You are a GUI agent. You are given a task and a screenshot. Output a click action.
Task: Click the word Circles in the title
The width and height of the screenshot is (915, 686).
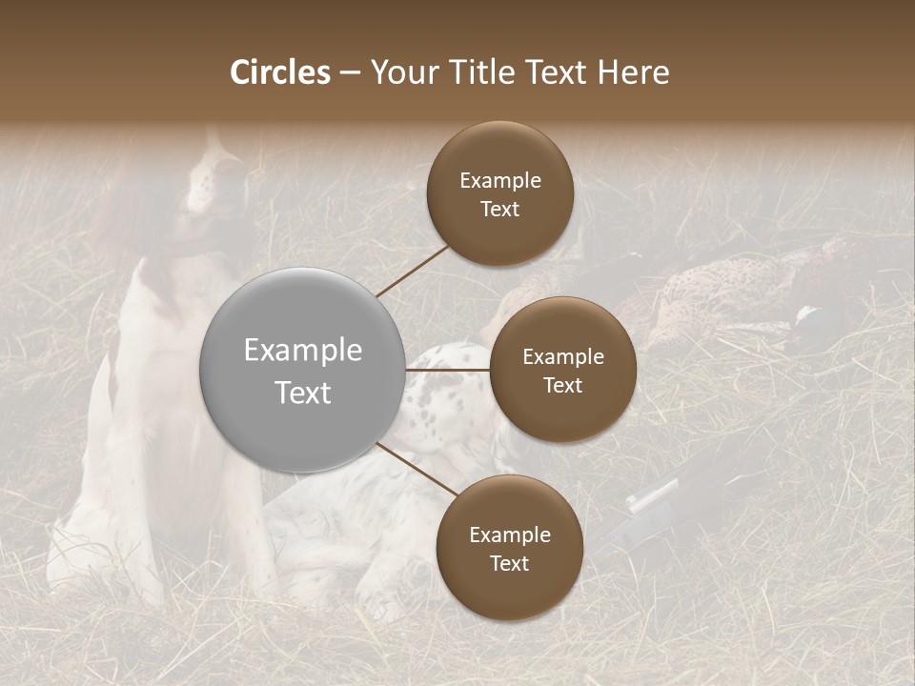click(280, 72)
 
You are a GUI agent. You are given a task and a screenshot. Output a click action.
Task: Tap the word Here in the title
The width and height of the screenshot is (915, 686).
click(633, 72)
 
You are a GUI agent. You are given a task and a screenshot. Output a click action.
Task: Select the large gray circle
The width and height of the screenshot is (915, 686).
click(302, 370)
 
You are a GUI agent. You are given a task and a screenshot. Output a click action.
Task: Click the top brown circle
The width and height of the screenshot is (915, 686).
click(499, 193)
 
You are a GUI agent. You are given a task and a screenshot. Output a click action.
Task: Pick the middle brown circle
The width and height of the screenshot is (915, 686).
click(562, 370)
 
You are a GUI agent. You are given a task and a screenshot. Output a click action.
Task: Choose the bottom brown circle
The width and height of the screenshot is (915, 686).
click(509, 548)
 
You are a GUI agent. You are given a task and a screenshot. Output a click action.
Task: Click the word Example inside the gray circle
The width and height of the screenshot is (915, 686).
click(302, 351)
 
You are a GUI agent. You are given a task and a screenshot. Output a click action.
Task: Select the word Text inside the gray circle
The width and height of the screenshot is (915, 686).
click(302, 392)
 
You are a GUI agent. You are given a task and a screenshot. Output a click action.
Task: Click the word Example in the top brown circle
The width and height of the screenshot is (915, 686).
click(499, 181)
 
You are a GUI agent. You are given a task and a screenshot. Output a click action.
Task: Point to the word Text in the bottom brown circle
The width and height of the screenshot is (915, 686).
click(509, 563)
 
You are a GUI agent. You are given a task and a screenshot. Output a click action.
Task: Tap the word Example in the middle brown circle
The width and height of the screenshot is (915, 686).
click(562, 357)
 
